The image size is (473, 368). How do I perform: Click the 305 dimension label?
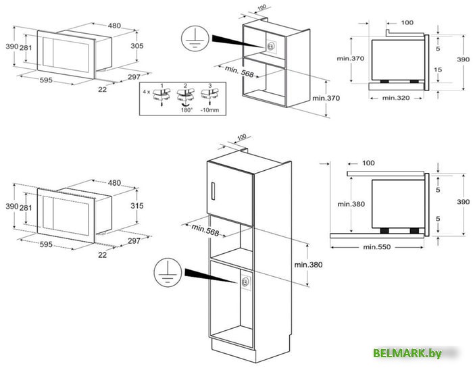(137, 46)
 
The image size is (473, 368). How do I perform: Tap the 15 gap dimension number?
(438, 70)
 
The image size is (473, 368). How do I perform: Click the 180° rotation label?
(185, 108)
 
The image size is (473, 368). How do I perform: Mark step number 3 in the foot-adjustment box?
(209, 86)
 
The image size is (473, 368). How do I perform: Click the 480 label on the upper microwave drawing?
(114, 26)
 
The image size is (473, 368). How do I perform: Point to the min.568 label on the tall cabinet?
(206, 230)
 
